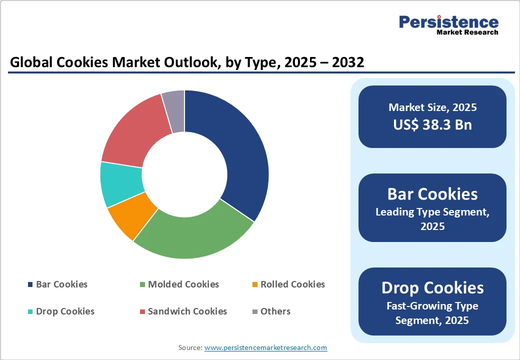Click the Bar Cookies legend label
click(61, 284)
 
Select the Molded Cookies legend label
click(183, 284)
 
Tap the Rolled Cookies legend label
click(292, 284)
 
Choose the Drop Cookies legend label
click(65, 311)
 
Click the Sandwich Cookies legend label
click(187, 311)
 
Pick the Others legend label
click(275, 311)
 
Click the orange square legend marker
click(255, 285)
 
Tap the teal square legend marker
click(30, 312)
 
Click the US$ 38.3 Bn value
click(432, 124)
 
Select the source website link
click(265, 347)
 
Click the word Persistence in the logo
click(448, 22)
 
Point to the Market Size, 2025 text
click(432, 107)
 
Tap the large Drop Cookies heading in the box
click(432, 287)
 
